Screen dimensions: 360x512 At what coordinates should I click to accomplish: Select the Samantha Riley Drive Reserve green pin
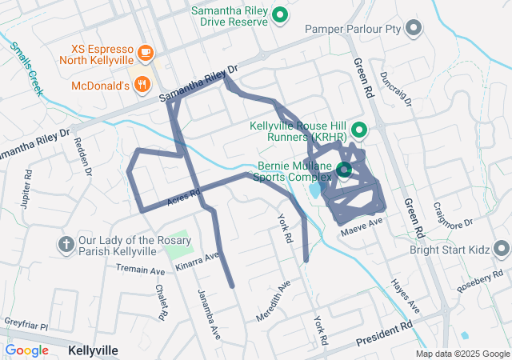(x=280, y=14)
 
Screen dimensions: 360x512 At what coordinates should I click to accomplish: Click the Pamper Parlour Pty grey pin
(x=414, y=30)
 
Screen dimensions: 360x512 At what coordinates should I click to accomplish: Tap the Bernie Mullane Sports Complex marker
(x=344, y=170)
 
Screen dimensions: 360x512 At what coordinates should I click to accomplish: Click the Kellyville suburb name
(x=94, y=350)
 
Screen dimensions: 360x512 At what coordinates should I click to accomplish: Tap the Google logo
(x=27, y=350)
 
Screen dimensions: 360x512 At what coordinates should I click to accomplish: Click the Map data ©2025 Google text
(x=462, y=354)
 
